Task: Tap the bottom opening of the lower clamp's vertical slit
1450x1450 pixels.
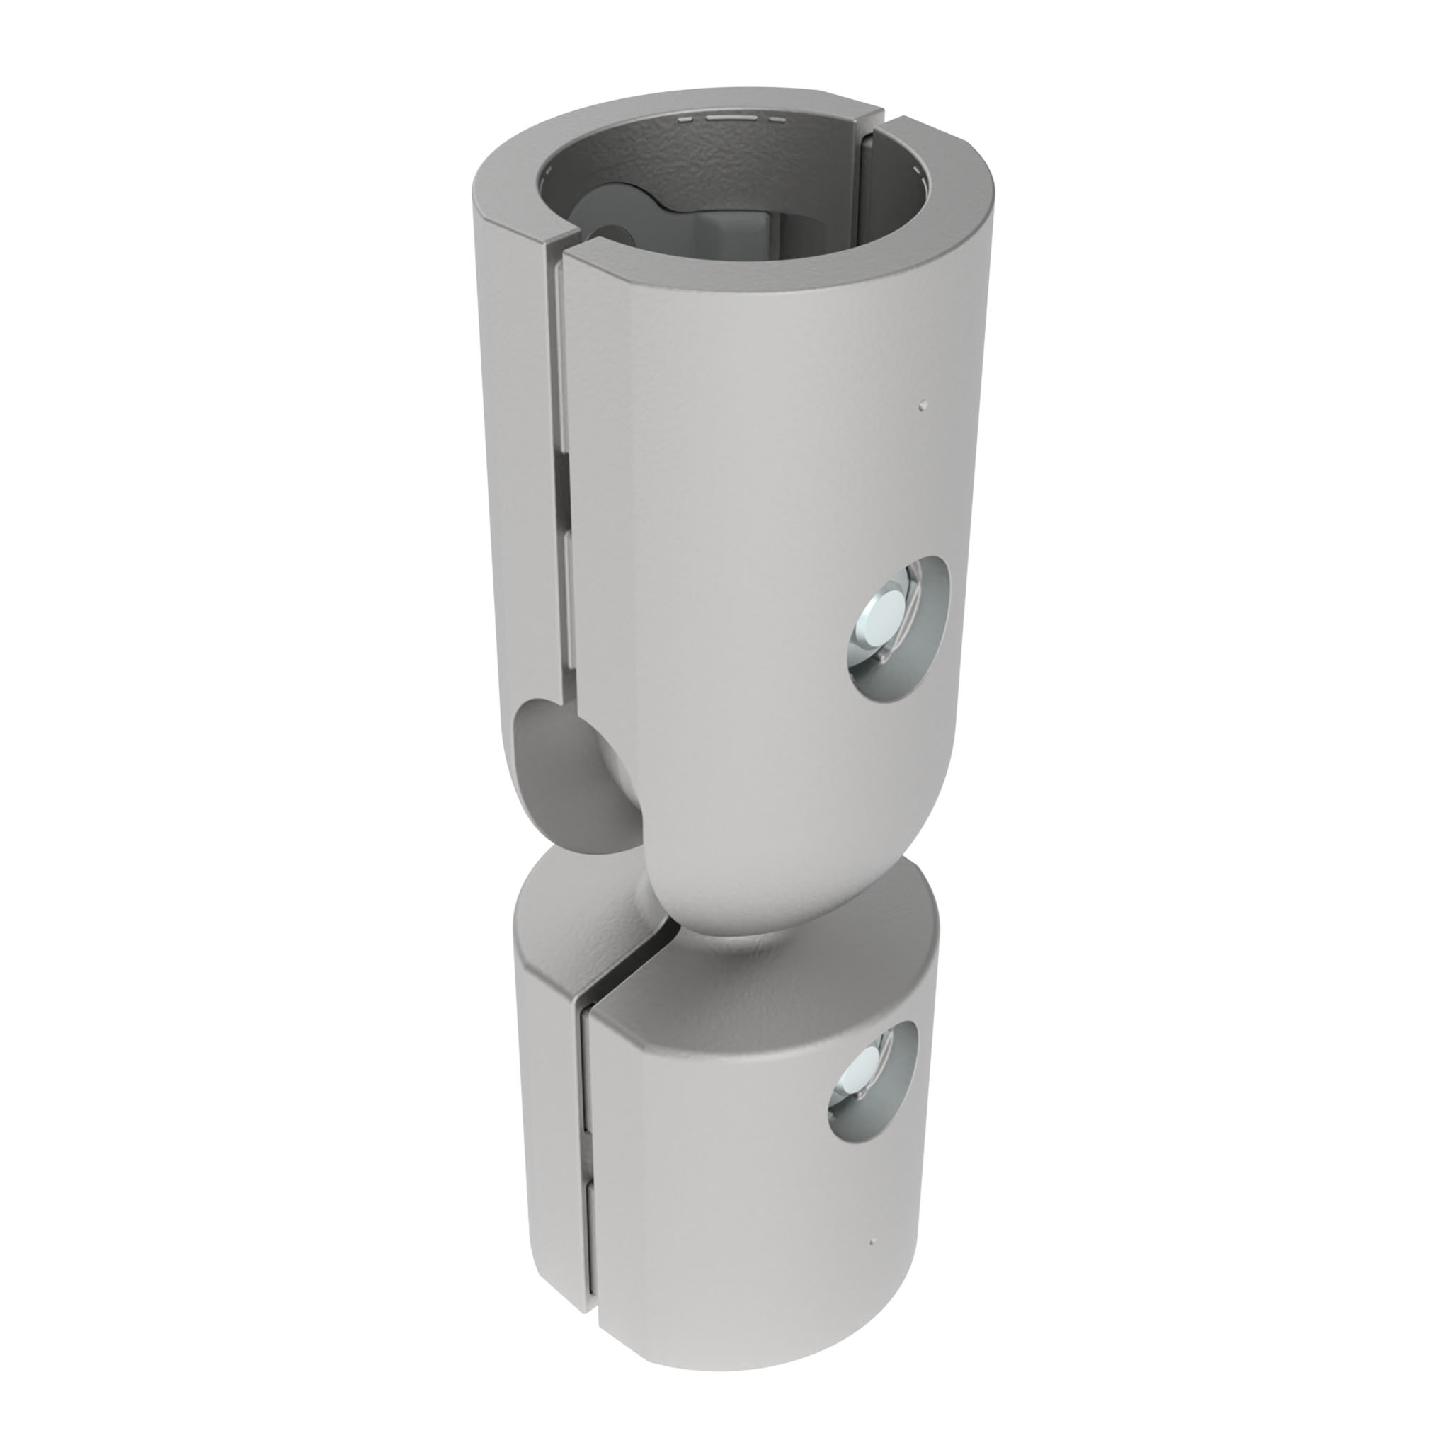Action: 588,1332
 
